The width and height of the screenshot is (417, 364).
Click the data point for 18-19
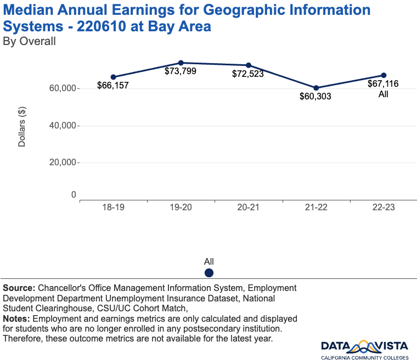click(x=113, y=77)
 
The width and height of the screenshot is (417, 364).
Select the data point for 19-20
click(x=181, y=63)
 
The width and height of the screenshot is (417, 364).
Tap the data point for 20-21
click(x=249, y=65)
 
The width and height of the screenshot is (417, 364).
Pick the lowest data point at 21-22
click(x=316, y=88)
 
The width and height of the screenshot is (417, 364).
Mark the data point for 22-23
click(x=384, y=75)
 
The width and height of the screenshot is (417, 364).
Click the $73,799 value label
click(x=181, y=71)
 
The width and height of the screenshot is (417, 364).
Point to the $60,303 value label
click(x=315, y=97)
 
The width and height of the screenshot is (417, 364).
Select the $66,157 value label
click(x=113, y=86)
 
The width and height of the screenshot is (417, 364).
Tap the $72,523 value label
click(x=248, y=74)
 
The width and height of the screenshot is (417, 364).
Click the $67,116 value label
click(x=384, y=84)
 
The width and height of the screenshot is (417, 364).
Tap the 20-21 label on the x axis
click(x=249, y=209)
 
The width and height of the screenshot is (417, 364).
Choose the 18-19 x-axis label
click(x=113, y=209)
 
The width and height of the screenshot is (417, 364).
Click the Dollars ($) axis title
click(x=22, y=126)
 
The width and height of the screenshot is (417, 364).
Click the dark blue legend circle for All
click(x=209, y=273)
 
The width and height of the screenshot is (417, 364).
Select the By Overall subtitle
click(x=30, y=41)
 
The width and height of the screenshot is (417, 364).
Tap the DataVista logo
click(x=364, y=349)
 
